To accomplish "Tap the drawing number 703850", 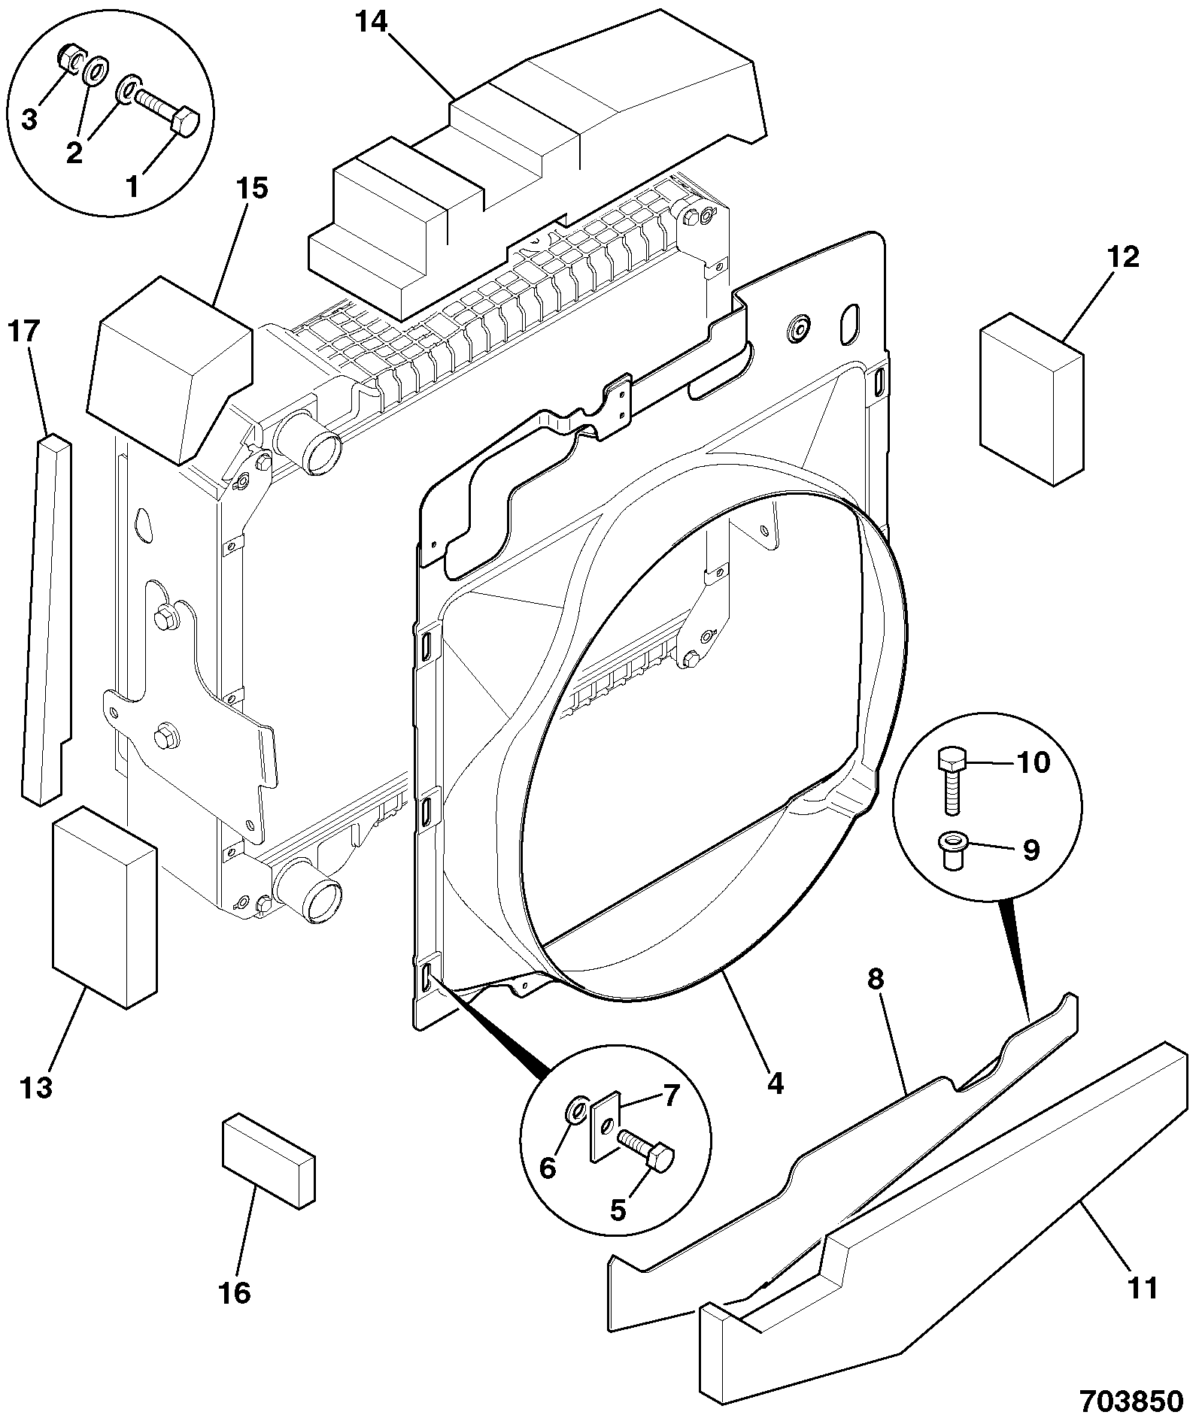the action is (x=1131, y=1401).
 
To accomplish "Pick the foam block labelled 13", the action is (x=104, y=907).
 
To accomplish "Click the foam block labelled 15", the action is (x=170, y=369).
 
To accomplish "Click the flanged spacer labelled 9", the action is (x=953, y=851).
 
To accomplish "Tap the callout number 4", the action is (x=775, y=1083).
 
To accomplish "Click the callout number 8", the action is (x=876, y=979).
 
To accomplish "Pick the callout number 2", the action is (x=74, y=153).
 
